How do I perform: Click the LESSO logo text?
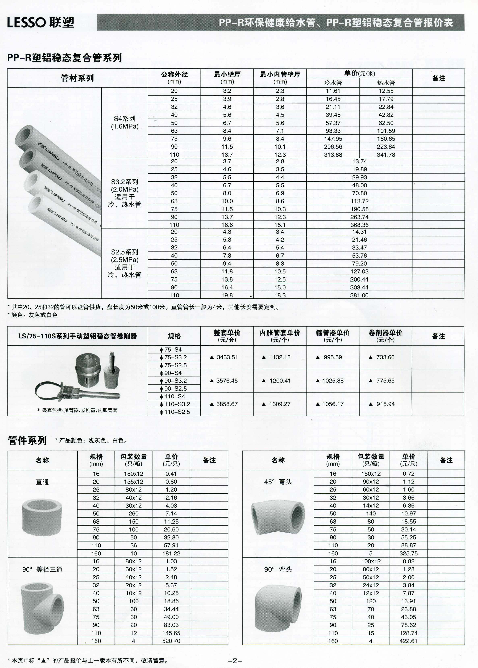[x=27, y=23]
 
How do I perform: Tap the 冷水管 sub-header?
[x=333, y=83]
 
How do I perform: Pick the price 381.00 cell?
[x=359, y=295]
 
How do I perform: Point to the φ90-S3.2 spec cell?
[x=174, y=381]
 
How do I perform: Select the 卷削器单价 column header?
[x=385, y=336]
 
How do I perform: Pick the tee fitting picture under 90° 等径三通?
[x=42, y=607]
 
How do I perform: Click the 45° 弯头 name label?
[x=278, y=482]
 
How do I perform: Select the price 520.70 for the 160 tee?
[x=171, y=641]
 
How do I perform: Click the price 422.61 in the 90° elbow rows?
[x=408, y=641]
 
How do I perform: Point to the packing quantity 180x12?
[x=133, y=474]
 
